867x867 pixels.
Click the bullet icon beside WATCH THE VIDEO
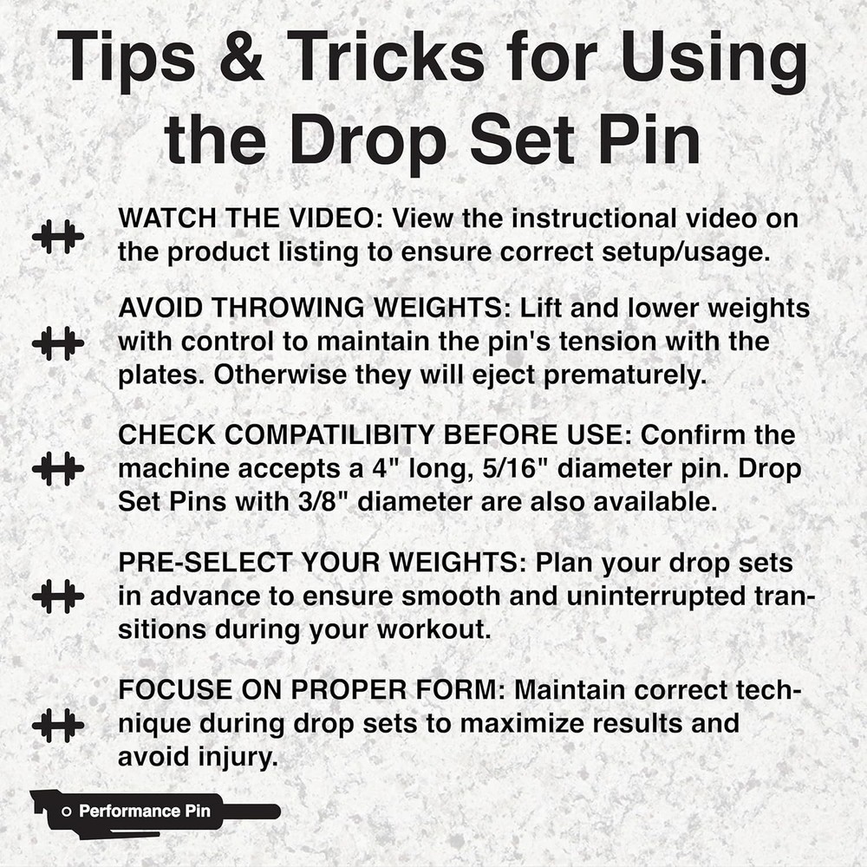(x=58, y=236)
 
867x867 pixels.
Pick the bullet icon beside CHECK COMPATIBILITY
(x=58, y=469)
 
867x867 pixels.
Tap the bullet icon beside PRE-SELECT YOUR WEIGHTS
(x=58, y=596)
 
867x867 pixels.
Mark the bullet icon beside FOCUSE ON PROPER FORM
(x=58, y=724)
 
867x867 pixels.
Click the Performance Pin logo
(x=154, y=812)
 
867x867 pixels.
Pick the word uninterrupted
(x=641, y=596)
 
